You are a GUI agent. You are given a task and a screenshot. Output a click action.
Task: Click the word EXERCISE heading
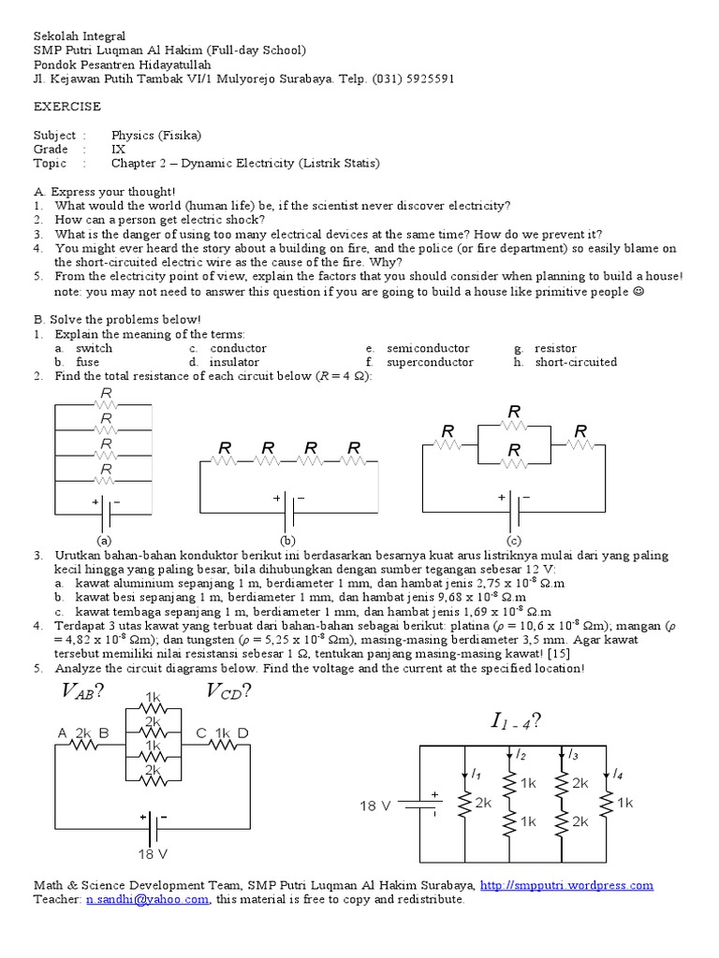[67, 108]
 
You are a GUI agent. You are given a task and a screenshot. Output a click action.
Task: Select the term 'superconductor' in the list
[428, 361]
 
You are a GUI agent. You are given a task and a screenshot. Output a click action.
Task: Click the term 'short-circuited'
[576, 361]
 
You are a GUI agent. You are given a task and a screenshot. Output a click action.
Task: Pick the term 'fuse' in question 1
[88, 361]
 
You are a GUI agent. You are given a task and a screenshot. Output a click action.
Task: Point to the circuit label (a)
[104, 541]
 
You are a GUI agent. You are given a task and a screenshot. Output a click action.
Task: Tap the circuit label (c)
[514, 541]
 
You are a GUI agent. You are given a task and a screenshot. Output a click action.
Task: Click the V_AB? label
[81, 691]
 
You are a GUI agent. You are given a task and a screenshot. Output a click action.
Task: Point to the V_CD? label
[227, 691]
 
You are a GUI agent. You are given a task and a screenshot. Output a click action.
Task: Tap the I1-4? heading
[516, 721]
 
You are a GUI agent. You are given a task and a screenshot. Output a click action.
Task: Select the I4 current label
[617, 773]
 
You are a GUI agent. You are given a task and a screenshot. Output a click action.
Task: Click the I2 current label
[521, 754]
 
